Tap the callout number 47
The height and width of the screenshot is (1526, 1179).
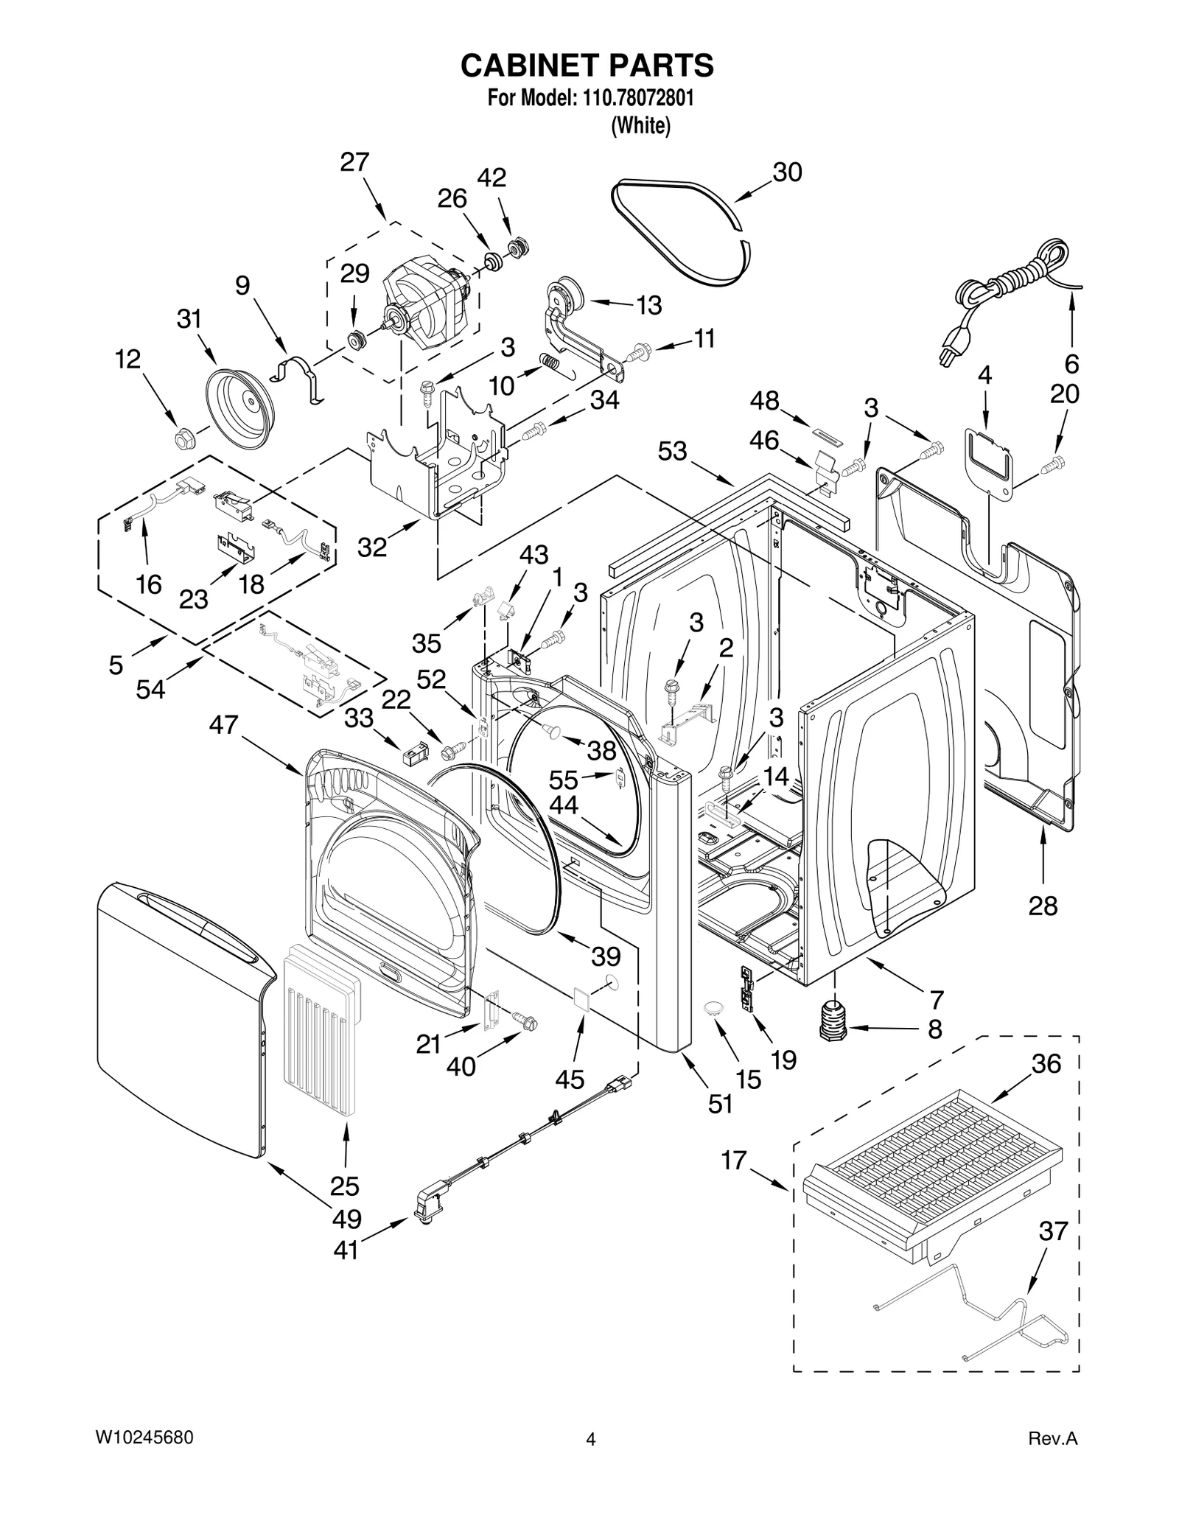tap(223, 725)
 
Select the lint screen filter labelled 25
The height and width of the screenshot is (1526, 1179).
tap(323, 1028)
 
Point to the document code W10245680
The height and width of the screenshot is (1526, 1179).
tap(144, 1438)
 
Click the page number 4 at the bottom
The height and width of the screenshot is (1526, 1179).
tap(589, 1439)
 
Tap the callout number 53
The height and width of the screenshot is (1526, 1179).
tap(672, 451)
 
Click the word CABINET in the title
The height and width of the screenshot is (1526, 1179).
tap(530, 65)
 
